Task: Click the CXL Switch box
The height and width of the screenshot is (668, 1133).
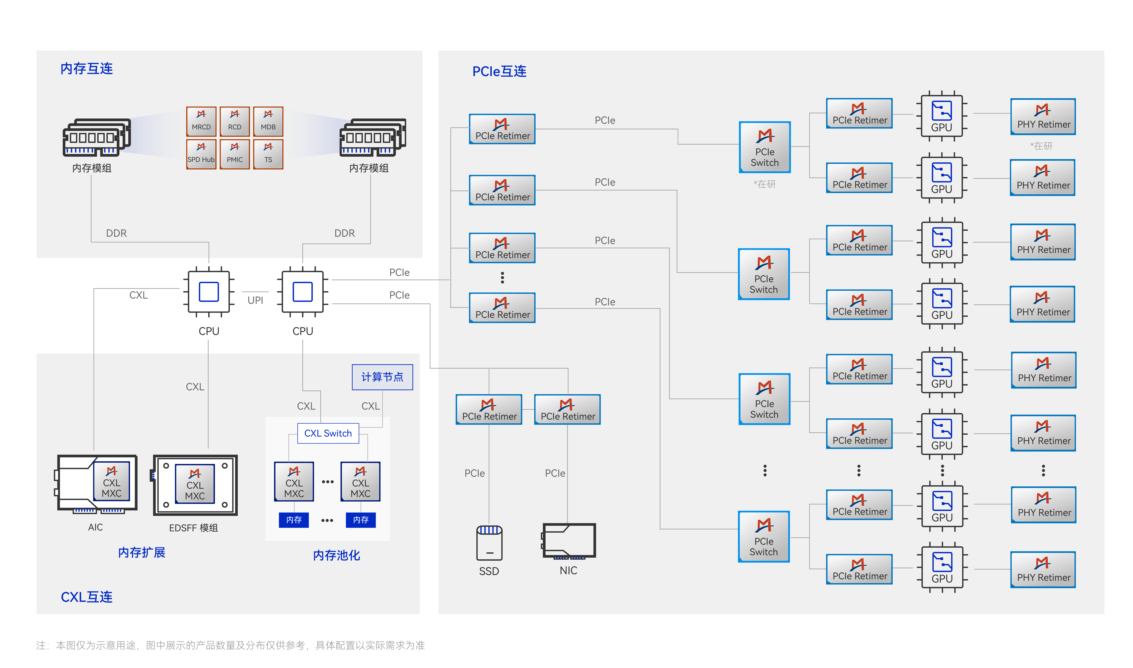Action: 328,433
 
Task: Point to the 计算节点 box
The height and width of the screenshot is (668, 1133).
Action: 382,377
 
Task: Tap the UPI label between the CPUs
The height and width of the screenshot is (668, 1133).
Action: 255,300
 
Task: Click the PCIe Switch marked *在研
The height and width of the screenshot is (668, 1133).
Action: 765,147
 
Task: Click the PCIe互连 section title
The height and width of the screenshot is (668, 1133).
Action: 499,71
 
